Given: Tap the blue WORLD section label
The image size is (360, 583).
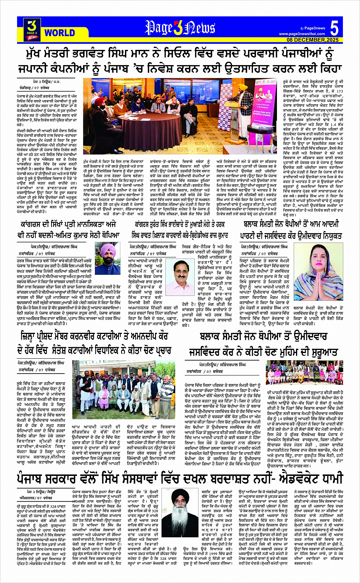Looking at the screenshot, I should coord(59,33).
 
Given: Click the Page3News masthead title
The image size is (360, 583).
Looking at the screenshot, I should coord(180,28).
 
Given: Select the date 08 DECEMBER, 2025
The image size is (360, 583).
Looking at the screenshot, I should coord(313,40).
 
